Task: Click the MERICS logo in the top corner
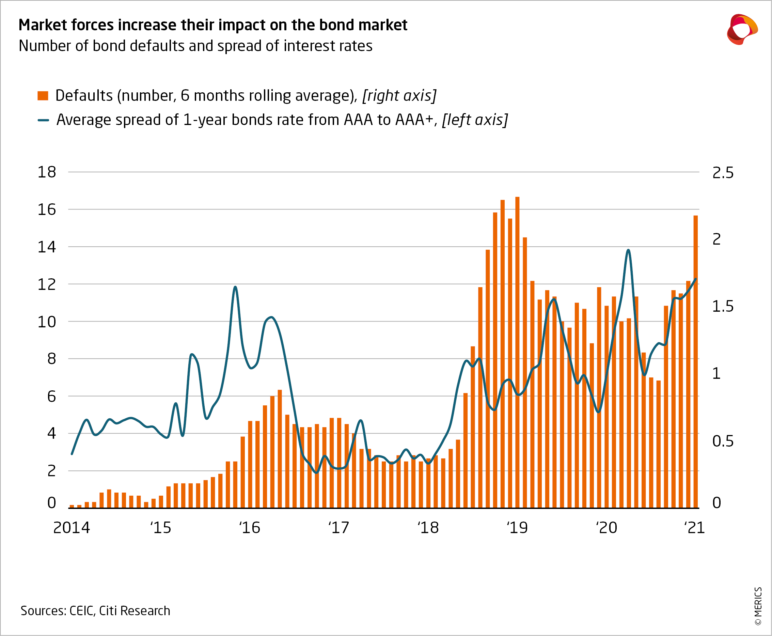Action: pyautogui.click(x=742, y=29)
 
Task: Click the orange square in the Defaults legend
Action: pyautogui.click(x=43, y=96)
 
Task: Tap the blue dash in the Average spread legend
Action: pyautogui.click(x=43, y=120)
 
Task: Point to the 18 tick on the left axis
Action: pyautogui.click(x=47, y=172)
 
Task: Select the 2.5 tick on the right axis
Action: pyautogui.click(x=723, y=173)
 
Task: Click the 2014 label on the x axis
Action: pyautogui.click(x=72, y=528)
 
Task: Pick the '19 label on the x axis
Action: pyautogui.click(x=517, y=528)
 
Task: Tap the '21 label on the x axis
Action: pyautogui.click(x=694, y=528)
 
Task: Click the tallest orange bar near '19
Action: pyautogui.click(x=517, y=352)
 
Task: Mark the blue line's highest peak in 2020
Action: pyautogui.click(x=628, y=250)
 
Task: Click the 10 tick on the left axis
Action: pyautogui.click(x=47, y=322)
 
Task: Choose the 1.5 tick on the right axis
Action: pyautogui.click(x=723, y=307)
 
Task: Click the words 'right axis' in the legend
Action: pyautogui.click(x=399, y=96)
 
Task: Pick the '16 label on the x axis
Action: pyautogui.click(x=249, y=528)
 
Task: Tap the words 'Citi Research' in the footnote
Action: pyautogui.click(x=135, y=611)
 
